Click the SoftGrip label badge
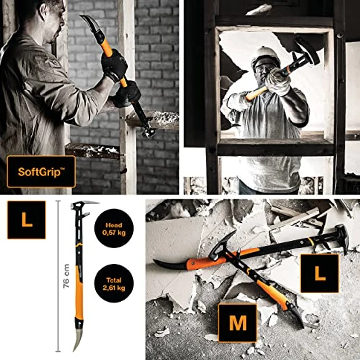[x=41, y=171]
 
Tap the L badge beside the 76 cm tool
[x=26, y=220]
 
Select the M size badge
[x=237, y=323]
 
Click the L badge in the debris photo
[x=320, y=273]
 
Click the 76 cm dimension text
[x=66, y=276]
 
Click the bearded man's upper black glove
[x=114, y=65]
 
